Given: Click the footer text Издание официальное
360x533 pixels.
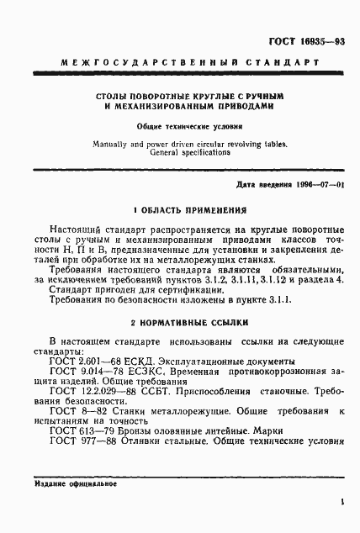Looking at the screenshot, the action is point(76,484).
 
